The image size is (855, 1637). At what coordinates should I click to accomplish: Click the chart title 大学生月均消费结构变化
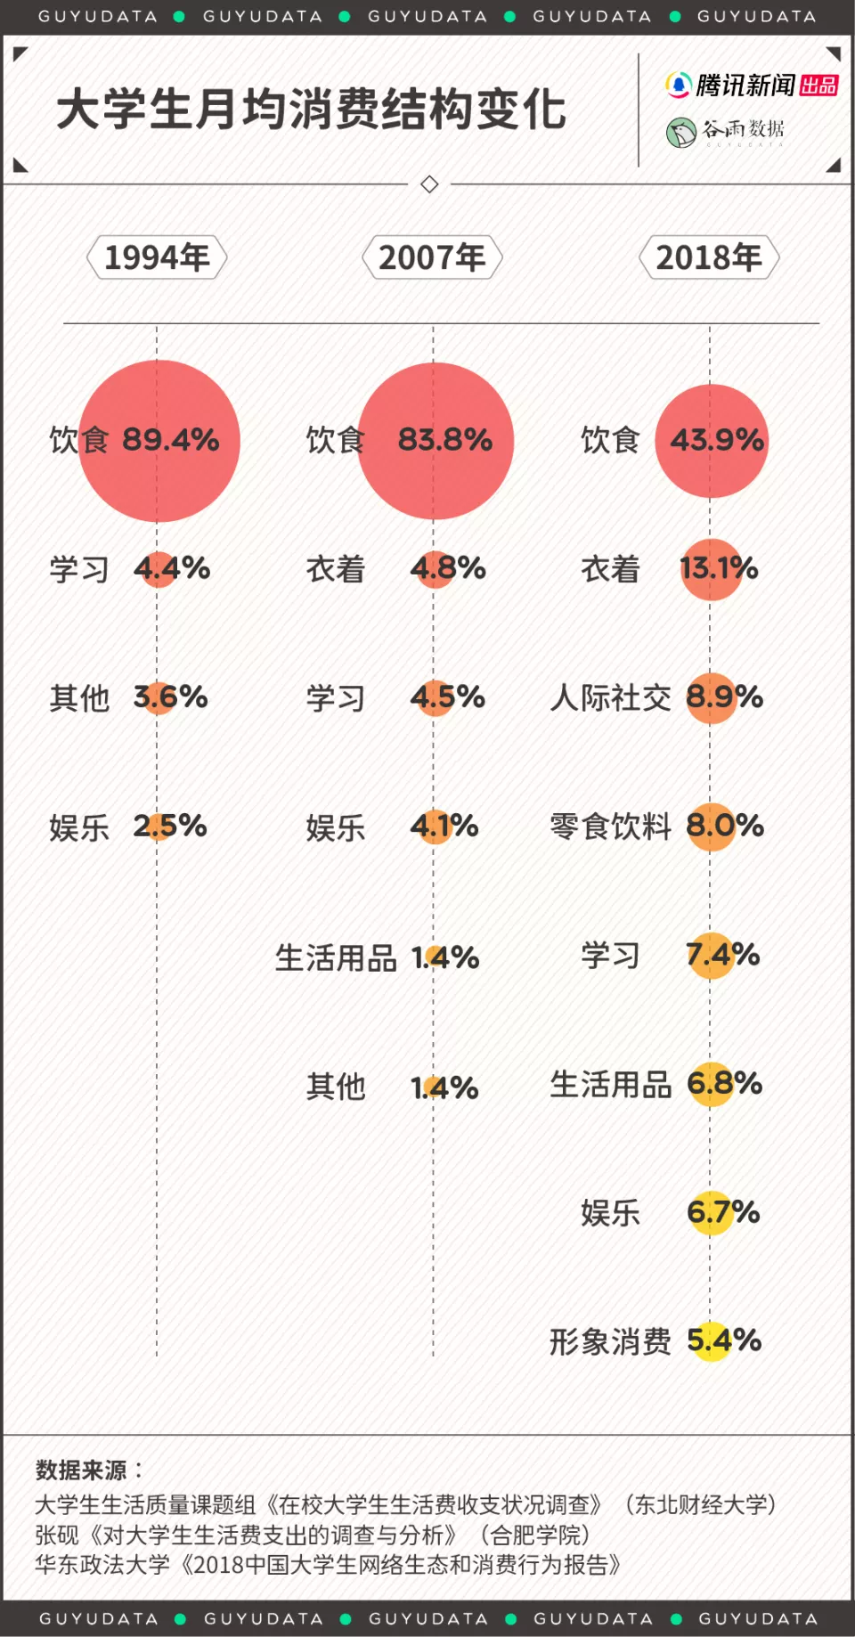click(311, 110)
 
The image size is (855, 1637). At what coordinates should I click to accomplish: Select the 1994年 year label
click(157, 257)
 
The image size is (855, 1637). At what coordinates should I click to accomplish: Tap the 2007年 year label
click(432, 257)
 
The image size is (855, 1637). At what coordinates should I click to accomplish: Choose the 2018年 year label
click(709, 257)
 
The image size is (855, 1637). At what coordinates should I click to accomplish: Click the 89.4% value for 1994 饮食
click(170, 440)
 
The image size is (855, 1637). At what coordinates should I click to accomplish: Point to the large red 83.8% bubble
click(436, 440)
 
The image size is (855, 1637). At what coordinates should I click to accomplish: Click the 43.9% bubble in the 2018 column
click(712, 440)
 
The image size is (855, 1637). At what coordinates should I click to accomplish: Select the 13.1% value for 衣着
click(718, 568)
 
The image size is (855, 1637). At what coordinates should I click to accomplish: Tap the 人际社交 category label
click(610, 698)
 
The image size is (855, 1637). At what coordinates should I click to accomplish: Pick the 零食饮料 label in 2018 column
click(610, 827)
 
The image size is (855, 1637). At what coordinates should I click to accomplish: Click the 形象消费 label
click(610, 1341)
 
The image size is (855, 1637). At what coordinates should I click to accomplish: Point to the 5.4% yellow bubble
click(712, 1340)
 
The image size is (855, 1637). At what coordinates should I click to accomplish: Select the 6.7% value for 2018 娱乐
click(722, 1212)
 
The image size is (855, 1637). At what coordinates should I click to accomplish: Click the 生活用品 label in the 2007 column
click(336, 958)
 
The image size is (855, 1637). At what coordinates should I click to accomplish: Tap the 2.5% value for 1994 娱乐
click(169, 827)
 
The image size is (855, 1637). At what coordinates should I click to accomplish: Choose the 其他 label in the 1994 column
click(79, 698)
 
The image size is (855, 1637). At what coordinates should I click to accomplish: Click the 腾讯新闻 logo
click(751, 86)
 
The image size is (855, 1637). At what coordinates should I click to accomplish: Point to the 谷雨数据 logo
click(725, 132)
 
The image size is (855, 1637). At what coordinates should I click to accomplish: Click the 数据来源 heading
click(82, 1470)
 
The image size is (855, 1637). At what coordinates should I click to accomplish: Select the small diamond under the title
click(429, 184)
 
